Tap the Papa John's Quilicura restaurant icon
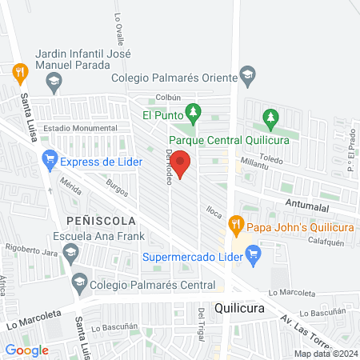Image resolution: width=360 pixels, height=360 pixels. tap(234, 222)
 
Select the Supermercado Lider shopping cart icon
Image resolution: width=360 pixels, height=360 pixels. tap(254, 257)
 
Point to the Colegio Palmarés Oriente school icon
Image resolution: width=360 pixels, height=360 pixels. tap(248, 77)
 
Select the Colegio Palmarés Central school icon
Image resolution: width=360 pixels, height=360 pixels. tap(79, 282)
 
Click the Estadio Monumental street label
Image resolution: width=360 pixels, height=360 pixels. tap(80, 128)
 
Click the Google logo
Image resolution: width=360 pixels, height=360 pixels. tap(26, 350)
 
